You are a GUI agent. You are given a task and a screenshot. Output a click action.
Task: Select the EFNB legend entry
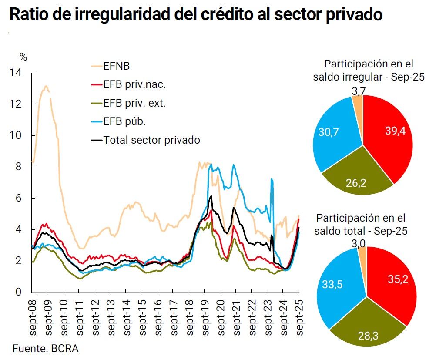[x=116, y=66]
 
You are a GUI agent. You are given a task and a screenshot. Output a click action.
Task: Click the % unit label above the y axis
[x=23, y=56]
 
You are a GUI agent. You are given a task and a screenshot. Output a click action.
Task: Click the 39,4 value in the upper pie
[x=395, y=131]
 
